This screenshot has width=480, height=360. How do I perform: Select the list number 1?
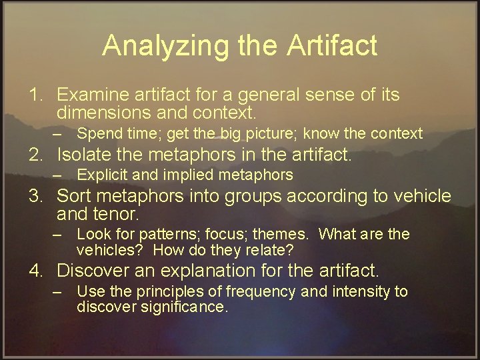[35, 95]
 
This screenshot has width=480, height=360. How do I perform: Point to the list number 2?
[35, 155]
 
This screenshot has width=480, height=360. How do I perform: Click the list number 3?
[35, 197]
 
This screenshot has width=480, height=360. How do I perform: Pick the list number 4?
[35, 271]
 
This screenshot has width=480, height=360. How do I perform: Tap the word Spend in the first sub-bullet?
[97, 134]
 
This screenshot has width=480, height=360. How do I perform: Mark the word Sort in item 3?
[73, 197]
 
